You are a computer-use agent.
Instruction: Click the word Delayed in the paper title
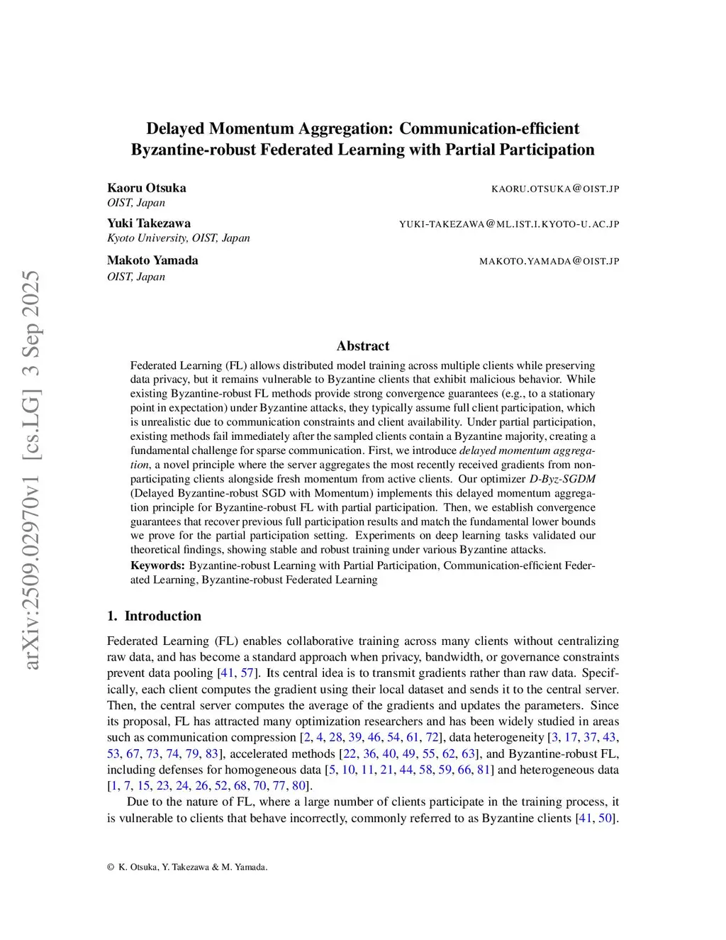click(x=174, y=128)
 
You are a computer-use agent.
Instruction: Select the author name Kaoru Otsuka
click(x=147, y=188)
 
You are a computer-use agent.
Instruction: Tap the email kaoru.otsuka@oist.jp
click(x=555, y=189)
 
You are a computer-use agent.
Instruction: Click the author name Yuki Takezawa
click(x=149, y=223)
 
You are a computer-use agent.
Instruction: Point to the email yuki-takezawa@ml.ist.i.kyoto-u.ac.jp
click(x=509, y=224)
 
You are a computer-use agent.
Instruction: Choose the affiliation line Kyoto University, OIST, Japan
click(x=179, y=238)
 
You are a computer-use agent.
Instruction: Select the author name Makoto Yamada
click(x=152, y=260)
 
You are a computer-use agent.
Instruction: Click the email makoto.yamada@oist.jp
click(x=549, y=261)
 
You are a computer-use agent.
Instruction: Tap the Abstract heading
click(x=363, y=346)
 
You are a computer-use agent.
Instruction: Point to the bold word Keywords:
click(x=157, y=565)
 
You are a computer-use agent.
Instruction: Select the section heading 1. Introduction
click(x=154, y=616)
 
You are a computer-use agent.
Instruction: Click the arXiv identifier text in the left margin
click(x=31, y=470)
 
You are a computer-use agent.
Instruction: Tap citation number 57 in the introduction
click(x=247, y=673)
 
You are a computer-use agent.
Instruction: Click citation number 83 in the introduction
click(x=211, y=753)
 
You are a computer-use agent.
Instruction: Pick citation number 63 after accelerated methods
click(x=468, y=753)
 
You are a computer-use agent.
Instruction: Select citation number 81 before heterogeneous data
click(x=484, y=770)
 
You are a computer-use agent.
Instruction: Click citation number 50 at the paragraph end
click(x=605, y=818)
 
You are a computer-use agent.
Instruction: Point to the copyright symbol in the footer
click(x=111, y=867)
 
